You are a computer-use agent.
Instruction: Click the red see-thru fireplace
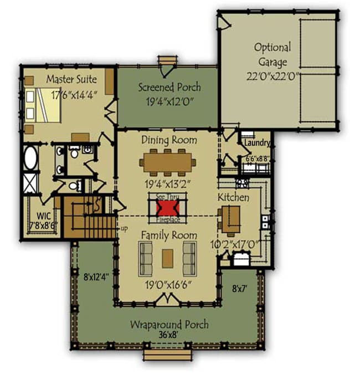coord(167,208)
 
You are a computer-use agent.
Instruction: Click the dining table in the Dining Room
coord(168,161)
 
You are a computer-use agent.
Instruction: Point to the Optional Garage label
coord(272,54)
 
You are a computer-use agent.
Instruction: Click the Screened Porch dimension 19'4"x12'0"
coord(169,101)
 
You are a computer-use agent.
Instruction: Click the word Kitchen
coord(233,197)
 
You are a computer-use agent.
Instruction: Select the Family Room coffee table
coord(168,258)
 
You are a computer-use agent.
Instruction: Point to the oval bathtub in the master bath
coord(30,158)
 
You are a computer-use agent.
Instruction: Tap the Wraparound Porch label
coord(169,324)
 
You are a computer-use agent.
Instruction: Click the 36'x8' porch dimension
coord(168,335)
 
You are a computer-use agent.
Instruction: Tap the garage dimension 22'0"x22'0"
coord(272,76)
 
